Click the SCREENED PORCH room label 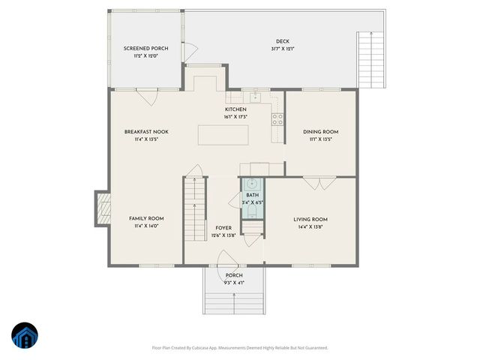(145, 49)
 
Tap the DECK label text (282, 42)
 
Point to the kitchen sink (255, 97)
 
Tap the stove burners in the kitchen (277, 117)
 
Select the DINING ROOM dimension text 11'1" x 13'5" (316, 139)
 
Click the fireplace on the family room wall (102, 208)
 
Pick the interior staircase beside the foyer (195, 210)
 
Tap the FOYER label (223, 227)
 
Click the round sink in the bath (253, 183)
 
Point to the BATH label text (252, 195)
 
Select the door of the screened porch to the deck (190, 50)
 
